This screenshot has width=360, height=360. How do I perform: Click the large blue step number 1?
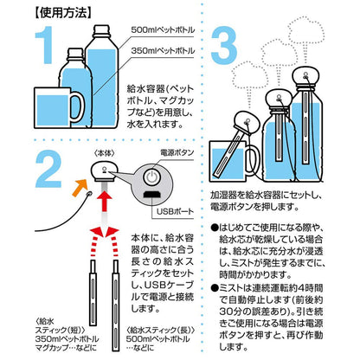(45, 45)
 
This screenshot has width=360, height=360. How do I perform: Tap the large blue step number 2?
(48, 169)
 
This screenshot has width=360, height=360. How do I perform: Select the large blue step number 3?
(224, 45)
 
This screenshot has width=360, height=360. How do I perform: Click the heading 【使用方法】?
(63, 13)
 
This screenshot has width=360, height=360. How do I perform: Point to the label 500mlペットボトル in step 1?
(163, 29)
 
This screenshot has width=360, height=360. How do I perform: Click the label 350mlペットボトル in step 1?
(163, 50)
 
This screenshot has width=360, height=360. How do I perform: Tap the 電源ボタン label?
(177, 152)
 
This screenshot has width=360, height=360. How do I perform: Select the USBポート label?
(175, 211)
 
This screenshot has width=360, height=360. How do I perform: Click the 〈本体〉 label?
(105, 153)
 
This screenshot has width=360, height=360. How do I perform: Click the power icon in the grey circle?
(151, 177)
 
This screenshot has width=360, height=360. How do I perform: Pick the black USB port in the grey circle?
(152, 195)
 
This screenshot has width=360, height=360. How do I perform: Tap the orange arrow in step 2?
(80, 187)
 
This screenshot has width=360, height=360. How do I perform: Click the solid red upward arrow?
(105, 200)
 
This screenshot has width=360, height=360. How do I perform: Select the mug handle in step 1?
(78, 107)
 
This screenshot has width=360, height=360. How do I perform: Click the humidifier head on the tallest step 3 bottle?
(306, 76)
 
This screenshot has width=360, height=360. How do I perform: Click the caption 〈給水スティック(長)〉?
(161, 330)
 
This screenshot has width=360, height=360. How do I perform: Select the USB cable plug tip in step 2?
(89, 194)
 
